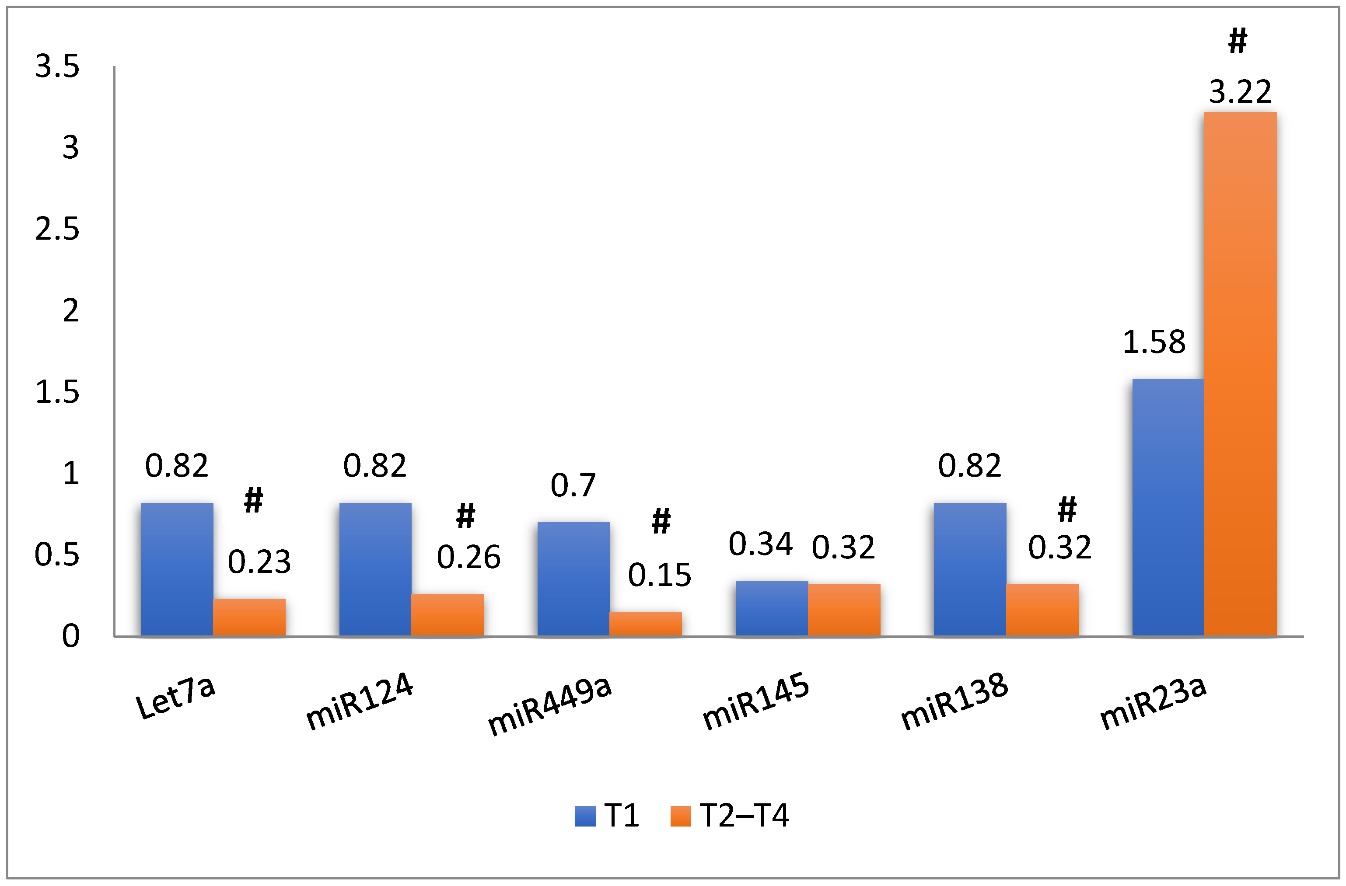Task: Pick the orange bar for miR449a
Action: point(645,624)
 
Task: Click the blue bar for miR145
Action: point(771,608)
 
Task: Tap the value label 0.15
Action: point(659,575)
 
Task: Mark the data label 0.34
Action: point(760,544)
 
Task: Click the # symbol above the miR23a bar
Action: point(1238,41)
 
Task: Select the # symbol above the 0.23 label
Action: point(253,500)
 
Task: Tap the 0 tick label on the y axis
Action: point(71,636)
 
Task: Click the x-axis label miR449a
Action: point(550,705)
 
